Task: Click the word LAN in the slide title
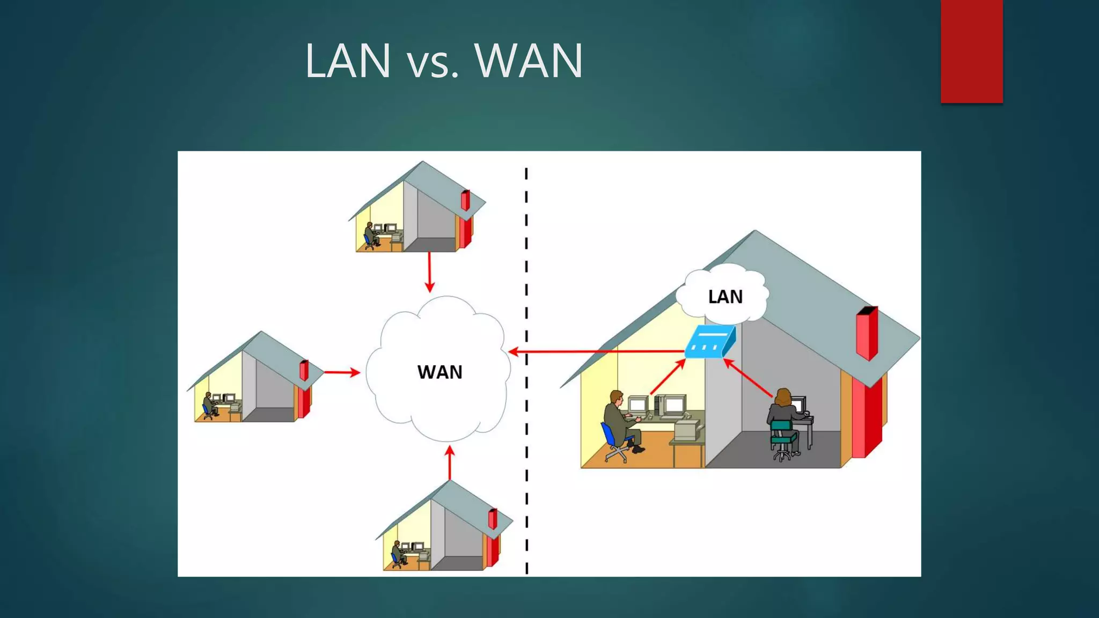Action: pyautogui.click(x=348, y=61)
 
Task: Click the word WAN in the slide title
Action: pyautogui.click(x=529, y=61)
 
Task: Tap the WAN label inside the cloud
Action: pyautogui.click(x=439, y=372)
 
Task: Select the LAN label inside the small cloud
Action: pyautogui.click(x=725, y=297)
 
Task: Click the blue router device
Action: pyautogui.click(x=710, y=341)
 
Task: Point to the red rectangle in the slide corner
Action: pyautogui.click(x=971, y=51)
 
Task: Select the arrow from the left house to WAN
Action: pyautogui.click(x=341, y=372)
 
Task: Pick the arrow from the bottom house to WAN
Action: pyautogui.click(x=450, y=462)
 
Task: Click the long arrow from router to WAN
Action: pyautogui.click(x=596, y=352)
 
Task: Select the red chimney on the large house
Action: pyautogui.click(x=867, y=333)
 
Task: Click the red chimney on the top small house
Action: pyautogui.click(x=465, y=200)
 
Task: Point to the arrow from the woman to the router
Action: pyautogui.click(x=748, y=378)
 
